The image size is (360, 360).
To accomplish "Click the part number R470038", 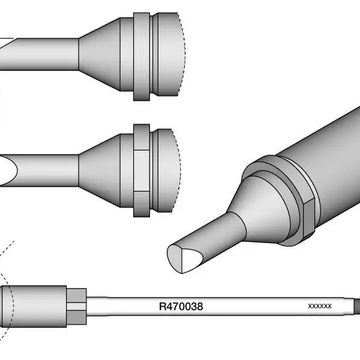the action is tap(181, 307).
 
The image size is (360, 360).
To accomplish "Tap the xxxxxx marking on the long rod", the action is tap(320, 306).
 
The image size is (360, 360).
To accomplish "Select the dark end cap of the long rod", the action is tap(357, 307).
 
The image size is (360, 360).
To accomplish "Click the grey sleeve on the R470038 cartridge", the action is tap(34, 307).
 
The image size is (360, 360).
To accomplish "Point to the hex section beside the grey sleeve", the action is tap(76, 307).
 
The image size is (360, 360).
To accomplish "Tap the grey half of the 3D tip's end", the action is tap(175, 259).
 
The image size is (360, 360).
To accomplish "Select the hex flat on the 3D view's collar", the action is tap(309, 218).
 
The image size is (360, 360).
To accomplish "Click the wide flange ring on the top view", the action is tap(142, 57).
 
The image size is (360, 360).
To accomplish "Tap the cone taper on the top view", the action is tap(100, 55).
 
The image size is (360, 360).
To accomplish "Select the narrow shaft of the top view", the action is tap(40, 54).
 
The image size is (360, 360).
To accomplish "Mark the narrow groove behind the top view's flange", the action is tap(151, 55).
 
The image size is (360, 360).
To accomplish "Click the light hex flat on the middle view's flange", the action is tap(142, 170).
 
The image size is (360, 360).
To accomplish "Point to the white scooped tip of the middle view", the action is tap(8, 170).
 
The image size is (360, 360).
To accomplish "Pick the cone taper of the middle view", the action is tap(100, 170).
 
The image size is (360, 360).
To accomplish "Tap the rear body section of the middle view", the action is tap(167, 170).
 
